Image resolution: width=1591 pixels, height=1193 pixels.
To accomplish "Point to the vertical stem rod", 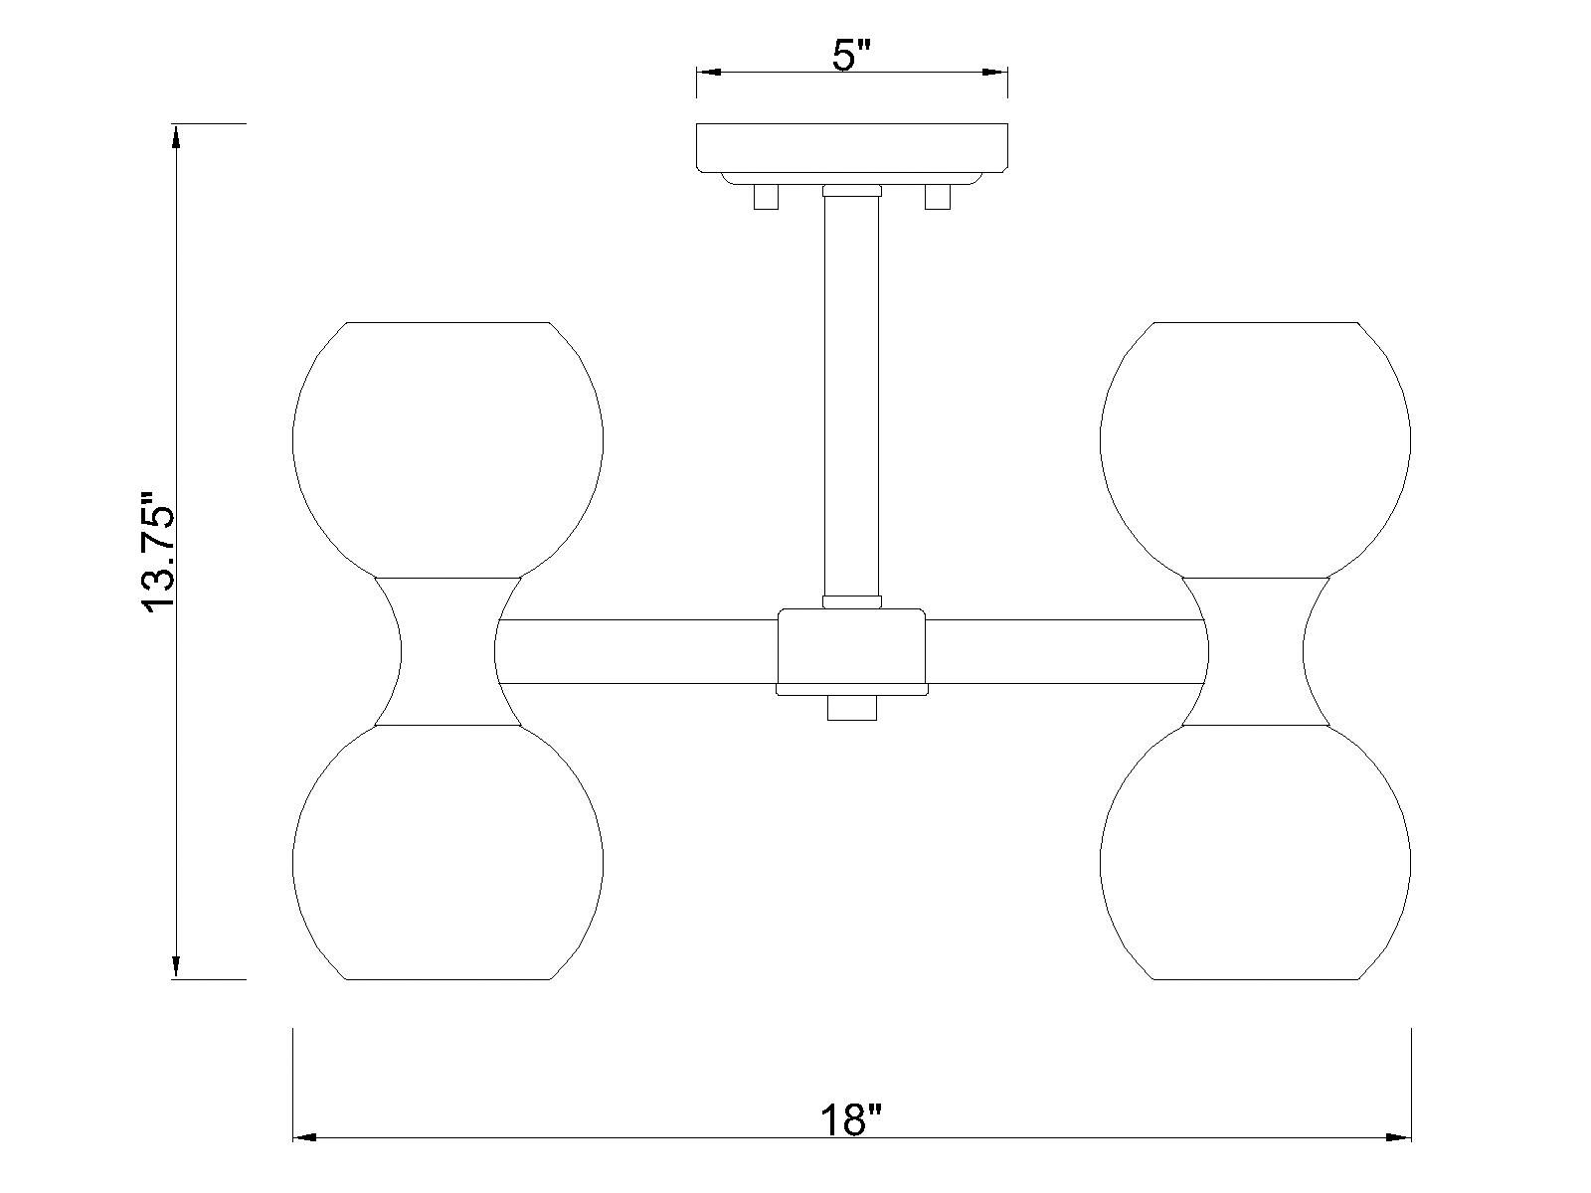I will click(851, 398).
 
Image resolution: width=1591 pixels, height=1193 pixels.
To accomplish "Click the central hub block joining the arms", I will click(851, 651).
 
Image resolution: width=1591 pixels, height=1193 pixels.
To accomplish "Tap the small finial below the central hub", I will click(852, 709).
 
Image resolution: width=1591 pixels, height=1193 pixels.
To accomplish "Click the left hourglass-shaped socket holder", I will click(447, 651).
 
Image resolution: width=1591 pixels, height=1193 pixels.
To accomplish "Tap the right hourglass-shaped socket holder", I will click(1256, 651).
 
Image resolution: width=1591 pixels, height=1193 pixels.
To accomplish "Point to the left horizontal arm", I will click(636, 652).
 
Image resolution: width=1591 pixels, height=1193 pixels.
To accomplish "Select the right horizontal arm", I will click(1064, 652).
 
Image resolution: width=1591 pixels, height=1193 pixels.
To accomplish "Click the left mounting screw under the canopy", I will click(766, 198).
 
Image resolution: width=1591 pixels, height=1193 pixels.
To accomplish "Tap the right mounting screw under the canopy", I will click(938, 198).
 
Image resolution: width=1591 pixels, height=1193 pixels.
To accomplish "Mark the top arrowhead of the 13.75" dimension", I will click(176, 136).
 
